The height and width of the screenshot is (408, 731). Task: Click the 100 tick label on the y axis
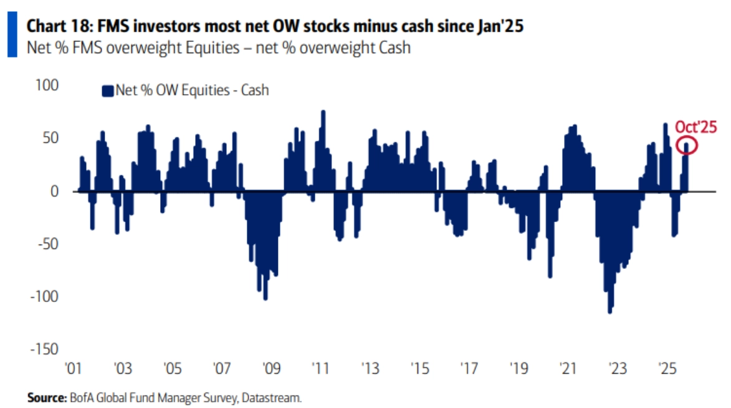(47, 85)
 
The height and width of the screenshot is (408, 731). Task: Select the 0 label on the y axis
(54, 192)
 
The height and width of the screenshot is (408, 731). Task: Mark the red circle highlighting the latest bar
(686, 146)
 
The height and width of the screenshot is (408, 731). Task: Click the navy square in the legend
(107, 90)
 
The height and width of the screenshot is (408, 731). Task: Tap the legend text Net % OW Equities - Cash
(192, 90)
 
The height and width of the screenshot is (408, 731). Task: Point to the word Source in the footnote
(45, 397)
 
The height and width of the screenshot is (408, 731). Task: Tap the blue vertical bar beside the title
(11, 36)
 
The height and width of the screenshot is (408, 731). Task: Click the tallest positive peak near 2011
(323, 112)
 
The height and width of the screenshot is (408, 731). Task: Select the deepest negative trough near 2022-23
(609, 311)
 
